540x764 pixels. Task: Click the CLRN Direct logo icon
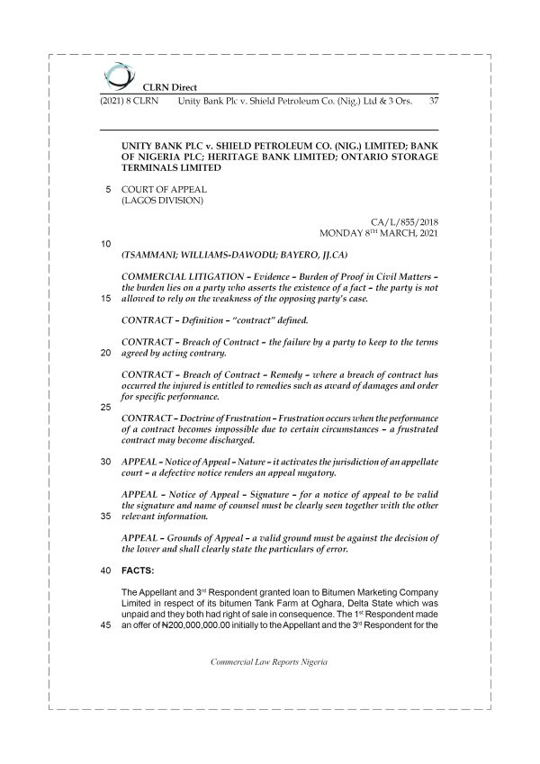(115, 75)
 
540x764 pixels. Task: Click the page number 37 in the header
(434, 101)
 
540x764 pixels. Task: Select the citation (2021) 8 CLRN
(127, 101)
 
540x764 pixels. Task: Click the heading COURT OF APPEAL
(165, 190)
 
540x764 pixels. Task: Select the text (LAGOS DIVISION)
(162, 202)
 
